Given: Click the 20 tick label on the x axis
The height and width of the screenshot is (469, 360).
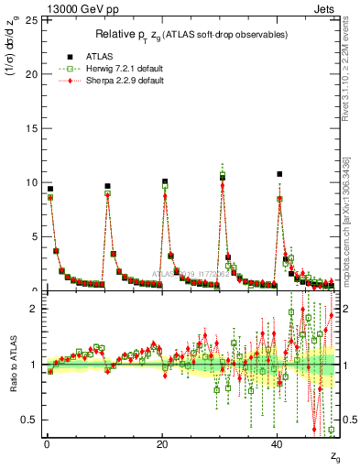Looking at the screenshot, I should click(162, 442).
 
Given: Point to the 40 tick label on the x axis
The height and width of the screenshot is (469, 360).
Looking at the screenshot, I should click(278, 442).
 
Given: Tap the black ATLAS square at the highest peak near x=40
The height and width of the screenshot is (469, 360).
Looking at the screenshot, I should click(279, 174).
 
